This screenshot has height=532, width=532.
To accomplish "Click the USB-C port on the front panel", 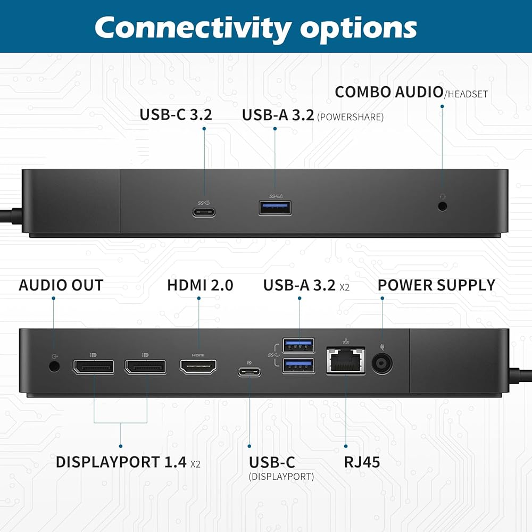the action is pyautogui.click(x=204, y=213).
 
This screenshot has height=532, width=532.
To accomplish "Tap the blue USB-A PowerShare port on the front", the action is pyautogui.click(x=275, y=208).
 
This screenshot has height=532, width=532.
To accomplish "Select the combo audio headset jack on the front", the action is pyautogui.click(x=443, y=206).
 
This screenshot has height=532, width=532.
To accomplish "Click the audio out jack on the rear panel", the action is pyautogui.click(x=54, y=366).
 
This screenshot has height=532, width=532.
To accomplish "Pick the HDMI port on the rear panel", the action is pyautogui.click(x=198, y=367).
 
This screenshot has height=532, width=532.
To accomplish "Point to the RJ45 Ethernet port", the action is pyautogui.click(x=346, y=361).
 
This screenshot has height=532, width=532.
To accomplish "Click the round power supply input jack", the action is pyautogui.click(x=382, y=364).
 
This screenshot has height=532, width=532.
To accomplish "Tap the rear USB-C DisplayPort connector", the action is pyautogui.click(x=250, y=372).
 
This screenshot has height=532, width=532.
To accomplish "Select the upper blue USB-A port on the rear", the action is pyautogui.click(x=298, y=345).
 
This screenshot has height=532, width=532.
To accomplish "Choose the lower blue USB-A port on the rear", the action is pyautogui.click(x=298, y=365).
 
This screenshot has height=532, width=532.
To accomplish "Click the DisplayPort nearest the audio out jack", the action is pyautogui.click(x=94, y=367).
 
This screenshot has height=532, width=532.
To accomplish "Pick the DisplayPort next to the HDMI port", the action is pyautogui.click(x=146, y=367).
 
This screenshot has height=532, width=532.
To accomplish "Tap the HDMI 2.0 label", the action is pyautogui.click(x=200, y=285).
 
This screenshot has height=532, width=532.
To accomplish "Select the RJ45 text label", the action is pyautogui.click(x=362, y=462).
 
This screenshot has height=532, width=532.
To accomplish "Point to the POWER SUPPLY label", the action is pyautogui.click(x=436, y=285).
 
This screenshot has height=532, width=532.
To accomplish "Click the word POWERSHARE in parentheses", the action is pyautogui.click(x=350, y=117).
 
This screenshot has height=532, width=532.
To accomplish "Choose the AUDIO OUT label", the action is pyautogui.click(x=61, y=285).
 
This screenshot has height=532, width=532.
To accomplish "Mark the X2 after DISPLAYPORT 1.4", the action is pyautogui.click(x=195, y=464).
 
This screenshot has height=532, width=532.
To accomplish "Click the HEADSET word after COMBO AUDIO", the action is pyautogui.click(x=468, y=94).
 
